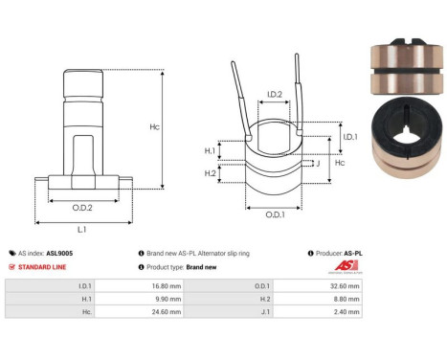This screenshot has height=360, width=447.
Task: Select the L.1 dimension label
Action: pyautogui.click(x=82, y=230)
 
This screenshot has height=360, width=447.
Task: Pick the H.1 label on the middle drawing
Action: pyautogui.click(x=211, y=150)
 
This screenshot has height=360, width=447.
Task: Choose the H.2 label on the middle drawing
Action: pyautogui.click(x=211, y=172)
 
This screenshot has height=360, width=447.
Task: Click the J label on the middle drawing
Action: pyautogui.click(x=317, y=164)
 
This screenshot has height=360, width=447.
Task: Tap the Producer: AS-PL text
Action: pyautogui.click(x=336, y=253)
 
